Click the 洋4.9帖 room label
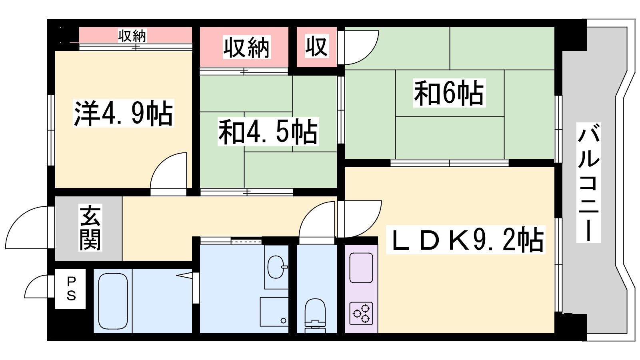pyautogui.click(x=123, y=114)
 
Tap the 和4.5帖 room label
pyautogui.click(x=268, y=132)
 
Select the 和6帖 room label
pyautogui.click(x=449, y=93)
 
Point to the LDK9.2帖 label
pyautogui.click(x=466, y=240)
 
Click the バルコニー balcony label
pyautogui.click(x=588, y=182)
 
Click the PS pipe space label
pyautogui.click(x=71, y=289)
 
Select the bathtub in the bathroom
pyautogui.click(x=113, y=301)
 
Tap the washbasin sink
pyautogui.click(x=276, y=267)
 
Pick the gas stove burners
pyautogui.click(x=361, y=313)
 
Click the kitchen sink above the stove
pyautogui.click(x=361, y=267)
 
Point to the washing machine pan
pyautogui.click(x=274, y=312)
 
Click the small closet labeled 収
pyautogui.click(x=316, y=47)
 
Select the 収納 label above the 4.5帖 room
pyautogui.click(x=246, y=48)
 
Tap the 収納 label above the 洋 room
pyautogui.click(x=132, y=36)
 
